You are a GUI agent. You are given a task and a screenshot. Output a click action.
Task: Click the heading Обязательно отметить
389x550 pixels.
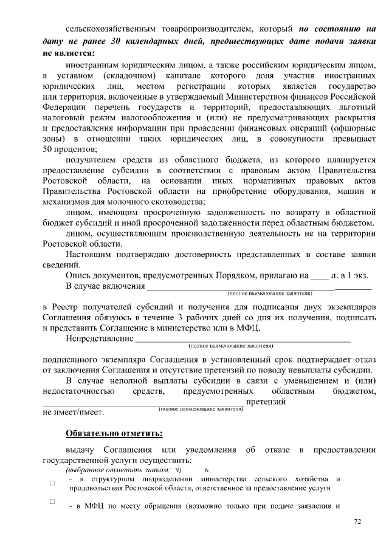114,433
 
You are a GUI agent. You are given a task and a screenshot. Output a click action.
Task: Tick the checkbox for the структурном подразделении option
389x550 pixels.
52,483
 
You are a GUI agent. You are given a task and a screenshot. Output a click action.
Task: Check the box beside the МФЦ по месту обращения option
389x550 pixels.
52,501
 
